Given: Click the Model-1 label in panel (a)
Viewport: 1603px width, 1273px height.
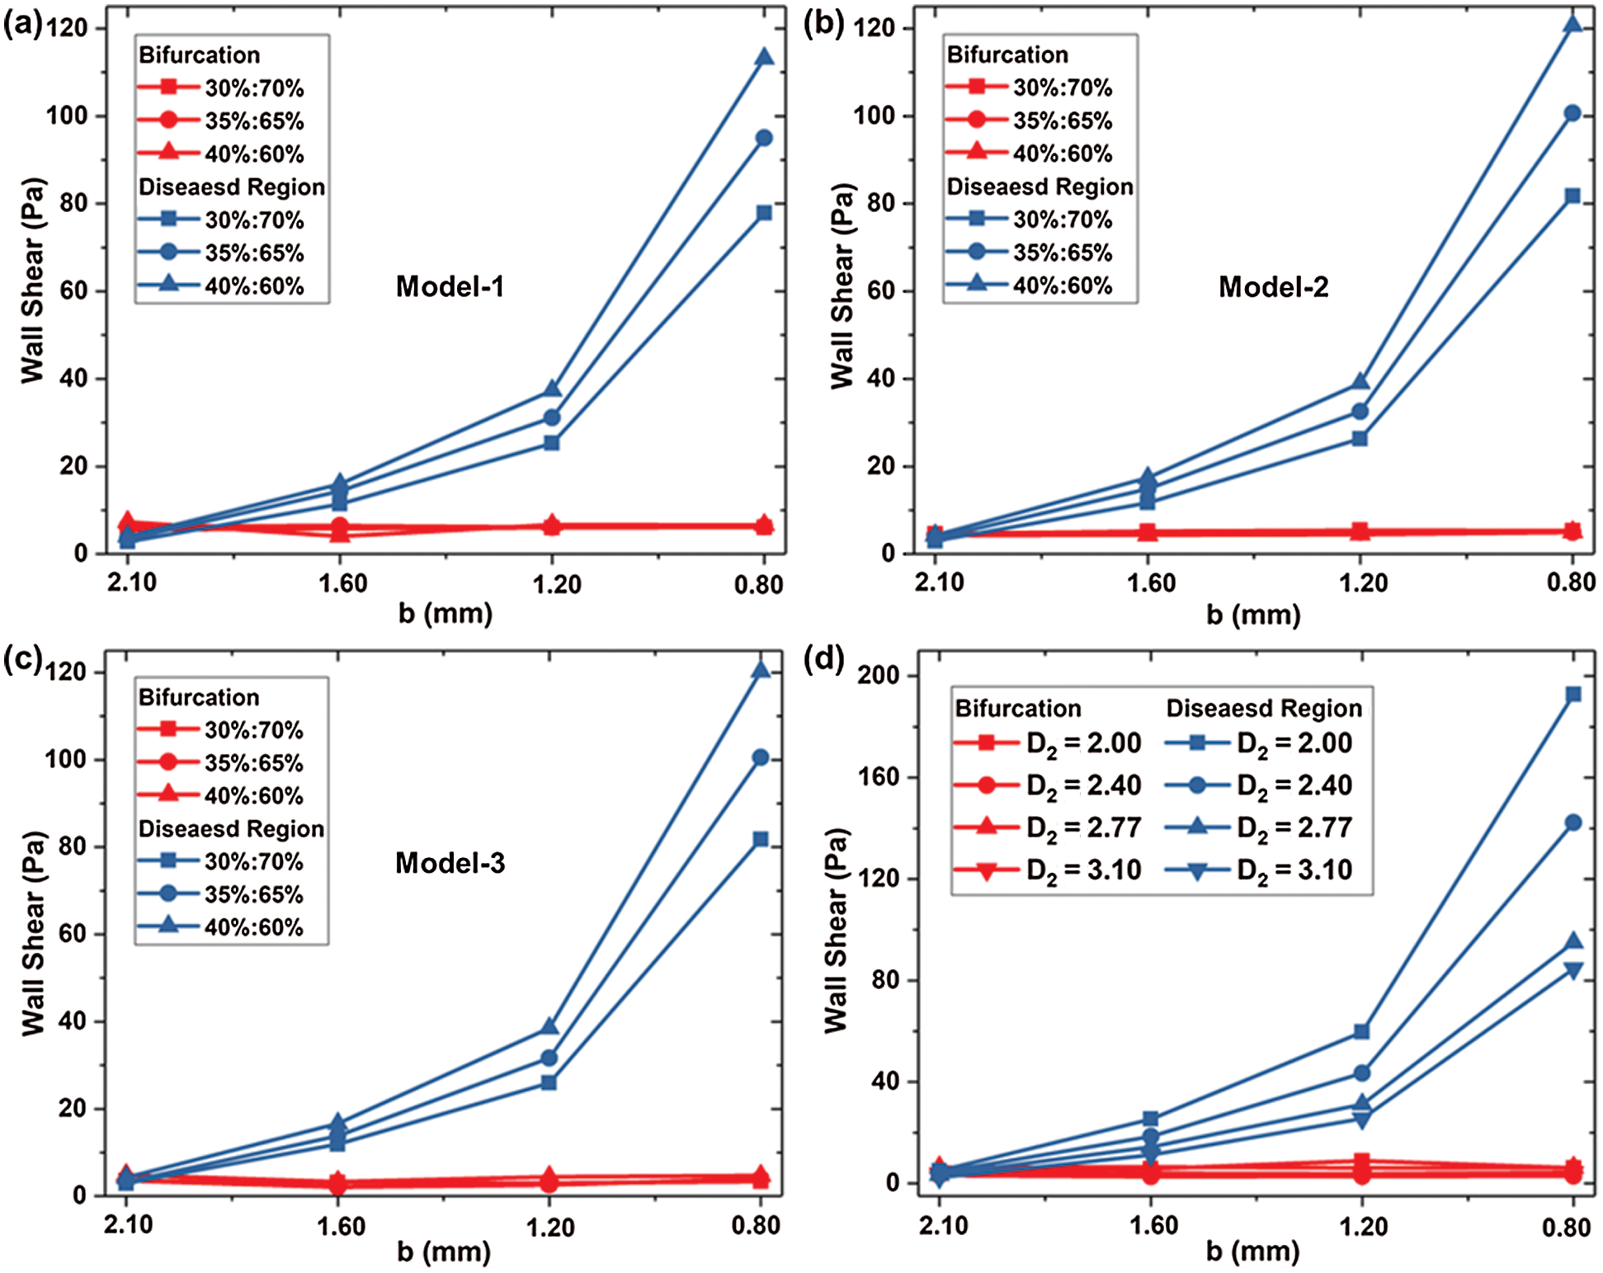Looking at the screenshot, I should [450, 286].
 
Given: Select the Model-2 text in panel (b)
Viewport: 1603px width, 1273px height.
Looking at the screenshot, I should [1273, 286].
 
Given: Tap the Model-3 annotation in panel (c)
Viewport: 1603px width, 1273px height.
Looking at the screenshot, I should [450, 863].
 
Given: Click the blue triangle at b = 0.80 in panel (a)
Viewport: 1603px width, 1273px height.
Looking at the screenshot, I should [764, 57].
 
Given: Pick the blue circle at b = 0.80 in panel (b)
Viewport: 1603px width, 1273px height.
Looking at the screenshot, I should [1572, 113].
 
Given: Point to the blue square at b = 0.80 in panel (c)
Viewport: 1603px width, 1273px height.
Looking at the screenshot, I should [761, 839].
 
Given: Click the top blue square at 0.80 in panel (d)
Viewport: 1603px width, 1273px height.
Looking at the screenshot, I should [1572, 695].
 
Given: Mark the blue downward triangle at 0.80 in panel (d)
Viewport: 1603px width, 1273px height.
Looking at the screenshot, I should [1572, 971].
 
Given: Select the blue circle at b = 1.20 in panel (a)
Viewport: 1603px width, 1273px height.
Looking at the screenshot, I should [551, 417].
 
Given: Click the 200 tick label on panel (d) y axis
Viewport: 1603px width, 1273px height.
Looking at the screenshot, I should [879, 675].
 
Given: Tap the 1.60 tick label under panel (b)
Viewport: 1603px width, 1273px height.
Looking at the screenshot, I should [1151, 583].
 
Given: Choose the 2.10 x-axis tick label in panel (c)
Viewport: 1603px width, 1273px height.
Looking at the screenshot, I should [129, 1224].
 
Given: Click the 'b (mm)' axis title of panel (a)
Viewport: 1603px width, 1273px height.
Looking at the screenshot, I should [446, 614].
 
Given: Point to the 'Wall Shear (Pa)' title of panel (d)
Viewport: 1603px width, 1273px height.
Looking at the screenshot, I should [836, 930].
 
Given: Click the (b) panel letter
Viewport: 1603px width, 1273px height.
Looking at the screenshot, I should [823, 25].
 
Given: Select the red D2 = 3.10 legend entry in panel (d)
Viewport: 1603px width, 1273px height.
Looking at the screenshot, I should [1048, 870].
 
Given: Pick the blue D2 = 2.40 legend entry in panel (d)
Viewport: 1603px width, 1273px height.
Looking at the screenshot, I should [1259, 785].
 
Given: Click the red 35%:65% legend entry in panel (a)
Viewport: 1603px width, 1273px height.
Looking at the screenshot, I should [221, 121].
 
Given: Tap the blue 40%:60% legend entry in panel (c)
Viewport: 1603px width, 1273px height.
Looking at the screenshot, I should [221, 927].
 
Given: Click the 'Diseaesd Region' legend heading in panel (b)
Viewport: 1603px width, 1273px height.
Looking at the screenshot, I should [1040, 187].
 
